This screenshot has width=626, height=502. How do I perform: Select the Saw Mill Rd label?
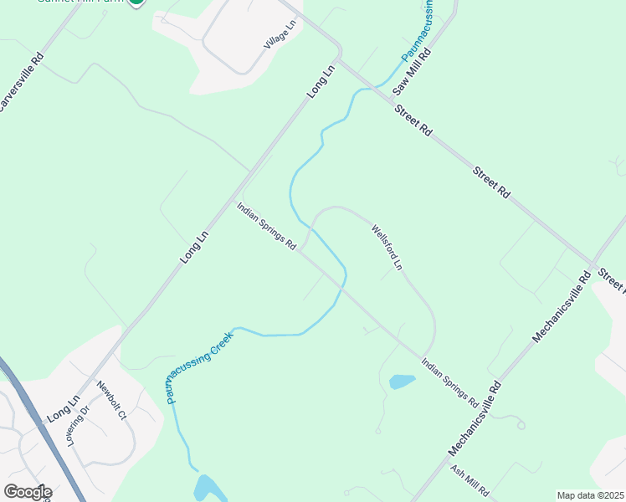[x=413, y=71]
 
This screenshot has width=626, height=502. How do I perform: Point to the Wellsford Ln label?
[x=387, y=247]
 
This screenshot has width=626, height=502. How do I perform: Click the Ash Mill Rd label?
[x=469, y=481]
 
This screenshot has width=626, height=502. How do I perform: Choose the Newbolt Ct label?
[x=111, y=402]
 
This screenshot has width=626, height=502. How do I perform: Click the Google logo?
[x=27, y=492]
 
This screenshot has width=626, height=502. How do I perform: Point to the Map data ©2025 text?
[x=590, y=495]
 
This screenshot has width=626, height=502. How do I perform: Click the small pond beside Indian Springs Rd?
[x=402, y=382]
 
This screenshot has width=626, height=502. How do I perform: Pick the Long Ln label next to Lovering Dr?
[x=62, y=407]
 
